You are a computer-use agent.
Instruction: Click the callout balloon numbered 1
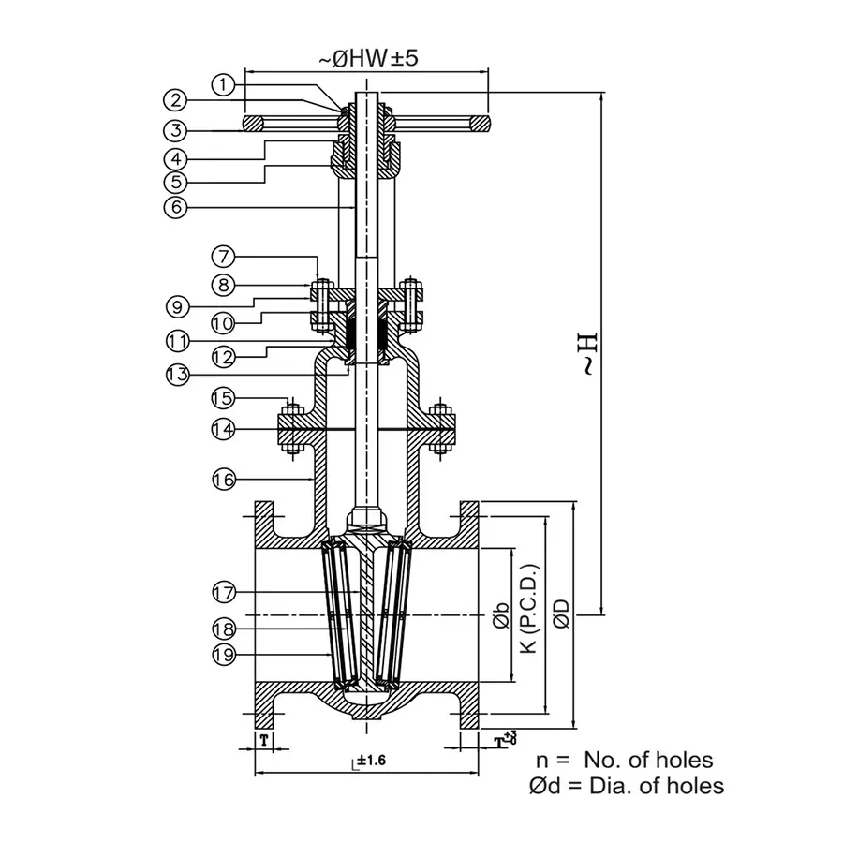[x=222, y=85]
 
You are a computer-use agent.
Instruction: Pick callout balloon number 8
[x=222, y=283]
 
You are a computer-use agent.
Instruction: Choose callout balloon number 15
[x=222, y=398]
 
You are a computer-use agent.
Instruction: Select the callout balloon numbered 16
[x=222, y=479]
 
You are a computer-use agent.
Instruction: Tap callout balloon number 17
[x=222, y=592]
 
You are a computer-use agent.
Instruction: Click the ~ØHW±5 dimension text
[x=367, y=58]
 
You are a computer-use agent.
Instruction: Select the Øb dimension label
[x=501, y=614]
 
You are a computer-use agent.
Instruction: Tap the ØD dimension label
[x=560, y=614]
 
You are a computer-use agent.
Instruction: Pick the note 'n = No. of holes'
[x=624, y=760]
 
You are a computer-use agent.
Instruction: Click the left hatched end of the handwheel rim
[x=253, y=124]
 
